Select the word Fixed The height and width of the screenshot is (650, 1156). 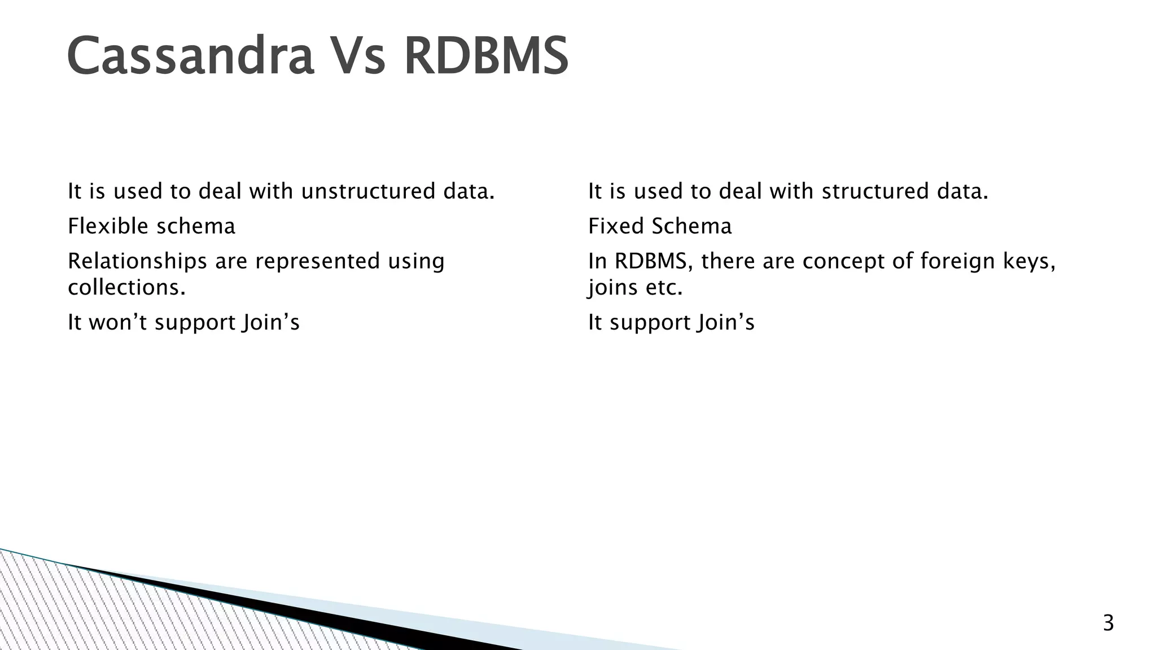click(615, 226)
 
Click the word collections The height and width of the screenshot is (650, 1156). click(126, 288)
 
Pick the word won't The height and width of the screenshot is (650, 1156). click(119, 322)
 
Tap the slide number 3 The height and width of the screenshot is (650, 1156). click(1108, 623)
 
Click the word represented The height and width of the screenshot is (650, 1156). click(318, 261)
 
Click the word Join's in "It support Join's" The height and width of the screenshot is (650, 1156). click(726, 322)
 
